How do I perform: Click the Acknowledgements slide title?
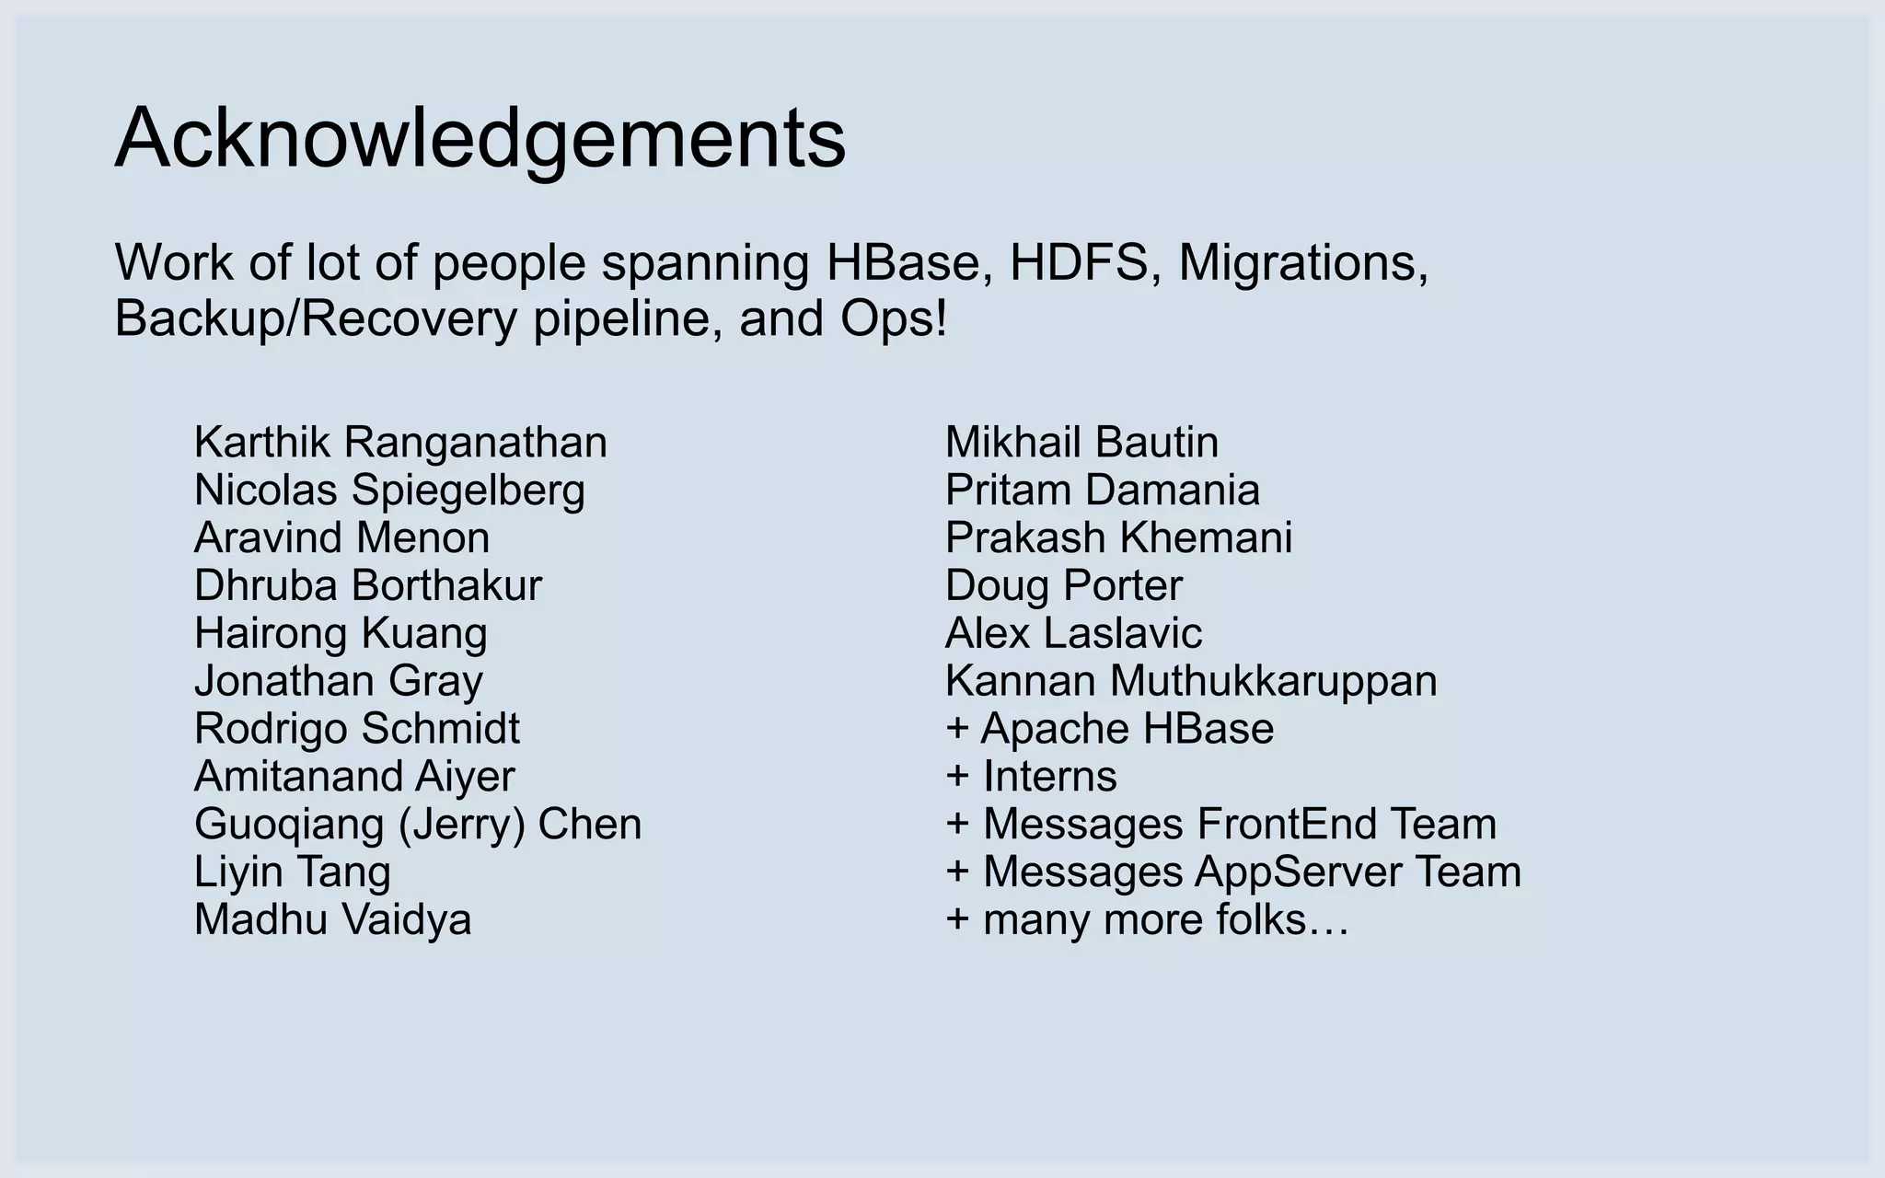point(480,139)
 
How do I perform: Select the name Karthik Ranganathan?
point(400,443)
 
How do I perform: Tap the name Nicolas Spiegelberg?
point(389,491)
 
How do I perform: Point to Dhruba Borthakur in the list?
point(368,585)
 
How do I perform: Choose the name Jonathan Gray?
point(338,681)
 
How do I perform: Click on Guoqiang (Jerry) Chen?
point(417,824)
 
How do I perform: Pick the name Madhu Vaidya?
point(332,919)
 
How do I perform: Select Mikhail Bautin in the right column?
point(1081,443)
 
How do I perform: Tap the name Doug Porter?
point(1063,585)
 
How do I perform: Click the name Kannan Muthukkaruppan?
point(1191,681)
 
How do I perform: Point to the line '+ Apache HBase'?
point(1109,729)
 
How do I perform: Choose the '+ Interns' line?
point(1031,777)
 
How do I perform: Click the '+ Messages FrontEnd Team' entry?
point(1220,824)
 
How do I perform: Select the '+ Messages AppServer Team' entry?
point(1233,872)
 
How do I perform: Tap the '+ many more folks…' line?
point(1147,919)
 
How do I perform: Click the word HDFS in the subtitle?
point(1079,263)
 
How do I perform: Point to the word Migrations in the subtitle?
point(1303,263)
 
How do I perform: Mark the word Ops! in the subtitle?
point(893,319)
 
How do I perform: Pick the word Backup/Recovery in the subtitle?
point(316,319)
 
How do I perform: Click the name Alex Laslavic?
point(1073,633)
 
